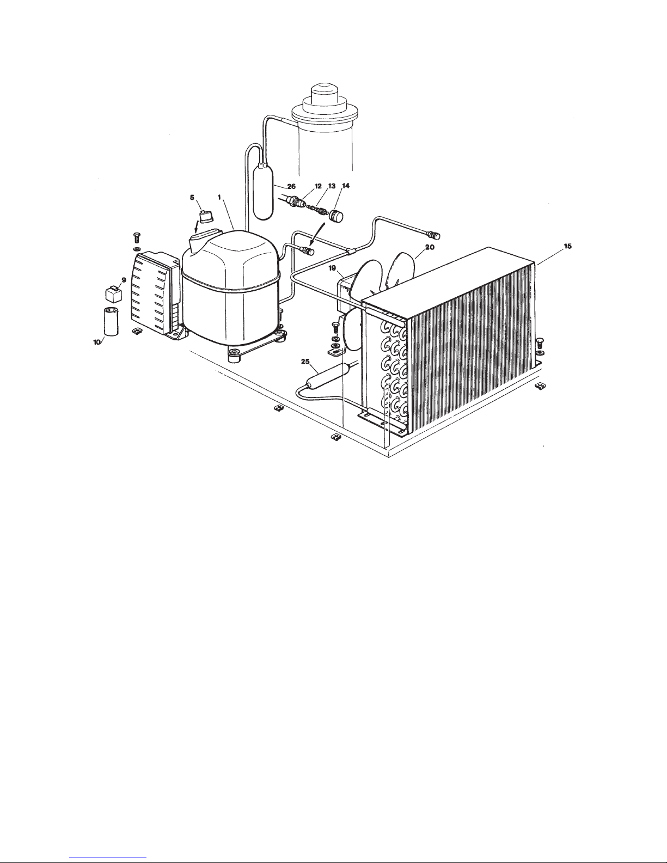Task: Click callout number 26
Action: click(291, 187)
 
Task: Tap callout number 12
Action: click(318, 186)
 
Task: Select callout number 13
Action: click(332, 186)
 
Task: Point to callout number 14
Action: click(346, 186)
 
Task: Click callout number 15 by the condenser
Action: click(568, 246)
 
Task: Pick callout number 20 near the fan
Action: click(430, 247)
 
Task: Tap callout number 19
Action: click(332, 268)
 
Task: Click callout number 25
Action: click(305, 362)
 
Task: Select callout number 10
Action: click(97, 342)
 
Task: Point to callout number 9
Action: click(124, 280)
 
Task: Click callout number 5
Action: click(192, 198)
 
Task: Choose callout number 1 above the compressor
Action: click(219, 197)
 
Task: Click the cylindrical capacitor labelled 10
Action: click(111, 321)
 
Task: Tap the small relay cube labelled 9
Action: click(113, 293)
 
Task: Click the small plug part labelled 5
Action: click(206, 217)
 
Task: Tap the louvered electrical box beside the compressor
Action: click(154, 292)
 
